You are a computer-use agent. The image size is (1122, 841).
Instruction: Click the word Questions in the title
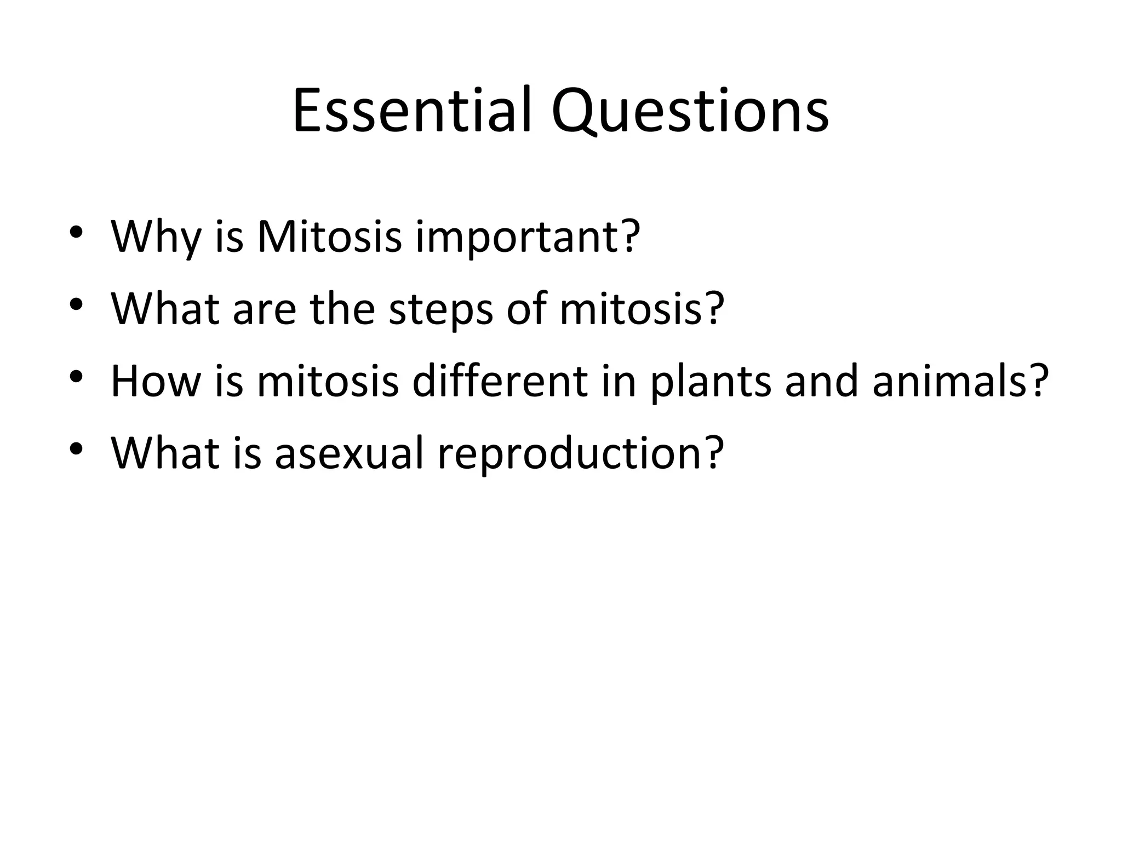(x=690, y=111)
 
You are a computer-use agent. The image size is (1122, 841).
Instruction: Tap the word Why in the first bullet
(x=156, y=237)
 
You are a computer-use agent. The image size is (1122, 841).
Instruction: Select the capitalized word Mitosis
(x=329, y=237)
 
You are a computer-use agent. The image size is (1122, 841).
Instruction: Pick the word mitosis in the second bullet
(x=631, y=309)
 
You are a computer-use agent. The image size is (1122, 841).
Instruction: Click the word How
(x=156, y=381)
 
